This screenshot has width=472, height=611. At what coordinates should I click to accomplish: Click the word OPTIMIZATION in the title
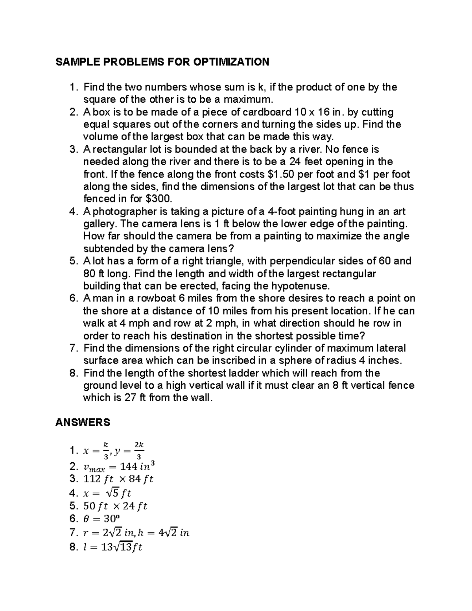tap(230, 62)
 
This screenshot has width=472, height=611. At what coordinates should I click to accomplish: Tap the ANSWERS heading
tap(83, 423)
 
